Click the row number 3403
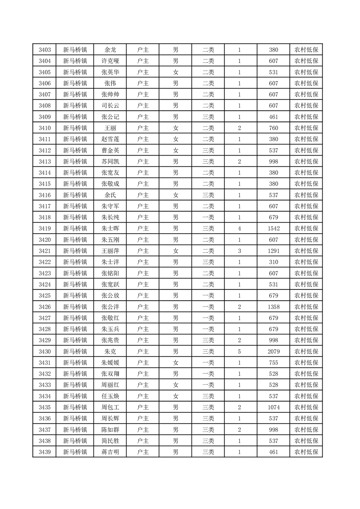[x=44, y=50]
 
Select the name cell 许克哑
[x=110, y=61]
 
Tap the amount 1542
[x=273, y=229]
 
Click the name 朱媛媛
[x=110, y=362]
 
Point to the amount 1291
[x=273, y=251]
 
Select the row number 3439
[x=44, y=452]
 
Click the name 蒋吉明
[x=110, y=452]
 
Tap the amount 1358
[x=273, y=307]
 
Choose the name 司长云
[x=110, y=106]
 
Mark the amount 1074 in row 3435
[x=273, y=407]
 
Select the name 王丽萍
[x=110, y=251]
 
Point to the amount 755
[x=273, y=362]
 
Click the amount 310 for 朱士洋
[x=273, y=262]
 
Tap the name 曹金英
[x=110, y=151]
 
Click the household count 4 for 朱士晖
[x=239, y=229]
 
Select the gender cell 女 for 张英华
[x=175, y=73]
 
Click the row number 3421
[x=44, y=251]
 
